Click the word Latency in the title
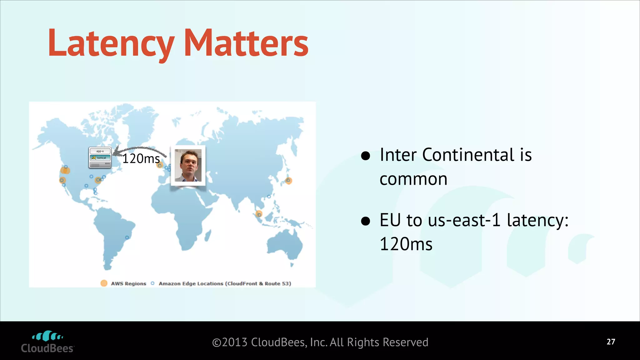pyautogui.click(x=111, y=44)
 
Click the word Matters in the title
pyautogui.click(x=246, y=44)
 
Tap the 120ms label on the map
pyautogui.click(x=141, y=159)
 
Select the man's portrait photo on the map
pyautogui.click(x=188, y=166)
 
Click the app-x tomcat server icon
pyautogui.click(x=100, y=157)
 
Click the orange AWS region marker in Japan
pyautogui.click(x=288, y=181)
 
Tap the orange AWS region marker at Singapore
pyautogui.click(x=259, y=214)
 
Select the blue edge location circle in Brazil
pyautogui.click(x=127, y=238)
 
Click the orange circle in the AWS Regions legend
pyautogui.click(x=104, y=283)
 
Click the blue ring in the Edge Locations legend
pyautogui.click(x=152, y=283)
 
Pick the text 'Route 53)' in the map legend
pyautogui.click(x=278, y=283)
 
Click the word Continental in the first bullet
pyautogui.click(x=468, y=155)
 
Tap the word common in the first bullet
pyautogui.click(x=413, y=179)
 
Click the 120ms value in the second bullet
pyautogui.click(x=406, y=244)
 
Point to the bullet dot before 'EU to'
pyautogui.click(x=365, y=221)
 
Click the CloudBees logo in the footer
pyautogui.click(x=47, y=342)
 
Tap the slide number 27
pyautogui.click(x=611, y=342)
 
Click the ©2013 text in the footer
pyautogui.click(x=230, y=342)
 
